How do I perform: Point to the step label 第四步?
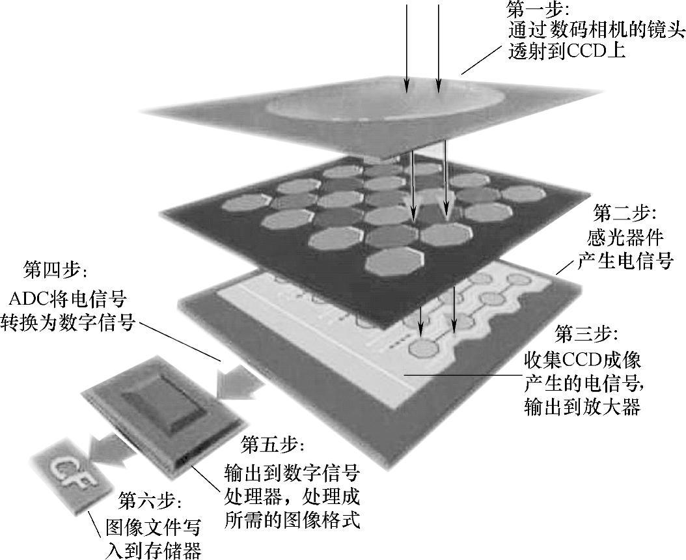pyautogui.click(x=54, y=269)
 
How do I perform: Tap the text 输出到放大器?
pyautogui.click(x=583, y=407)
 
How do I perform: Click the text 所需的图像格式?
pyautogui.click(x=292, y=521)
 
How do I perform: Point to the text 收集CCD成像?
pyautogui.click(x=583, y=359)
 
